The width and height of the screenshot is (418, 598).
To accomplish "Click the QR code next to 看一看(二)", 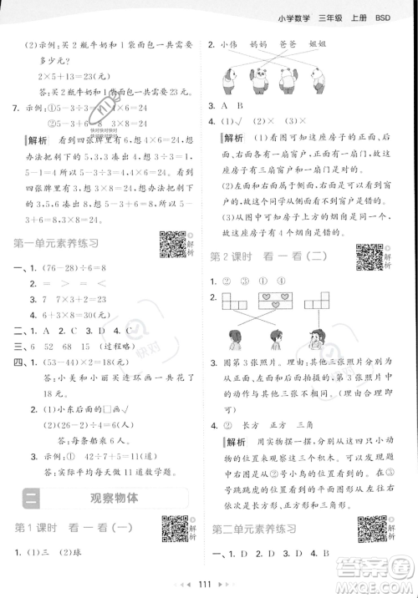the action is click(x=369, y=254).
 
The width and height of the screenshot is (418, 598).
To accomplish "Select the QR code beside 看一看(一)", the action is click(x=175, y=531).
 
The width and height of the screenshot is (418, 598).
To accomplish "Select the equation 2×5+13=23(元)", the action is click(x=71, y=73).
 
